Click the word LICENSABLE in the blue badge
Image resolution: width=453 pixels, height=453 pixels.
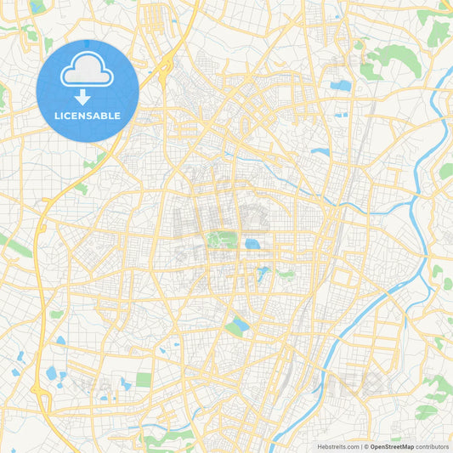[x=87, y=115]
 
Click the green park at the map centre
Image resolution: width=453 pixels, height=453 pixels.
[x=223, y=241]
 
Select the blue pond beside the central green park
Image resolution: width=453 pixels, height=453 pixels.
[x=252, y=244]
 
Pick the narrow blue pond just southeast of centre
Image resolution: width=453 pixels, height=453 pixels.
[x=263, y=274]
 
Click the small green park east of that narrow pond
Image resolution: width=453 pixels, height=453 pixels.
[x=286, y=274]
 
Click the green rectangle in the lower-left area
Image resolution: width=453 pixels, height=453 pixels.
[x=144, y=379]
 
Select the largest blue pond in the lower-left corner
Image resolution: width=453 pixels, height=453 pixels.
[x=53, y=373]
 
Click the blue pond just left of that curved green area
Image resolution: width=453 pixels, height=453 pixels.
[x=341, y=86]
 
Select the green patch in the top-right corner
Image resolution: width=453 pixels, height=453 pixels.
[x=438, y=32]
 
